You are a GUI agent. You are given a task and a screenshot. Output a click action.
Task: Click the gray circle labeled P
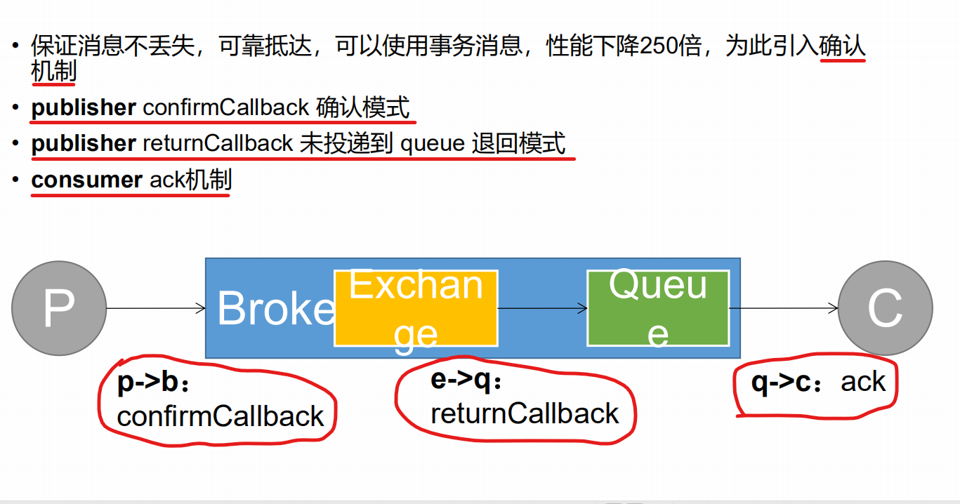tap(59, 307)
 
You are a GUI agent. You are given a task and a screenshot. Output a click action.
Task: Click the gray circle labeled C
tap(885, 307)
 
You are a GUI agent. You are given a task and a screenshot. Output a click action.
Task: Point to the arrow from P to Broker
tap(154, 308)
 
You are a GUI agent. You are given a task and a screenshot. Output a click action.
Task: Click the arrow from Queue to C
tap(784, 308)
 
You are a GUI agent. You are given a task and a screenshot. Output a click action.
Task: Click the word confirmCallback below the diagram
tap(221, 416)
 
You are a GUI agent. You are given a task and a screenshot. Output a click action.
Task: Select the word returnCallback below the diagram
tap(525, 413)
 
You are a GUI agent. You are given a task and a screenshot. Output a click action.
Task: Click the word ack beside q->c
tap(863, 383)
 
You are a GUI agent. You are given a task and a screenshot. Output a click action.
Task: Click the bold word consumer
tap(87, 180)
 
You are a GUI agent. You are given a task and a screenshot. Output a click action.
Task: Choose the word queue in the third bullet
tap(432, 143)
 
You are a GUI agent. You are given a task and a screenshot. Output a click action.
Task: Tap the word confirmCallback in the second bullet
tap(225, 107)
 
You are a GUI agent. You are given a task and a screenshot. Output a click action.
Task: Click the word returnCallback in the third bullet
tap(218, 143)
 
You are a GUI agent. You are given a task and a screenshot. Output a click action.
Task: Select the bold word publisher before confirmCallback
tap(84, 107)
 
